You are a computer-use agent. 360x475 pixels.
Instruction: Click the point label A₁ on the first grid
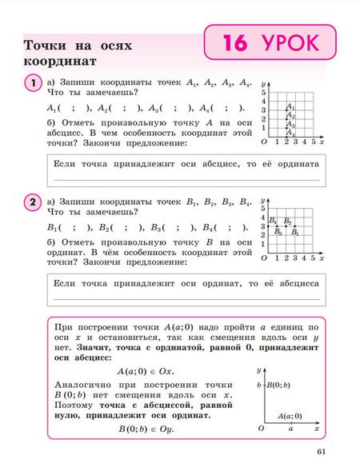[292, 106]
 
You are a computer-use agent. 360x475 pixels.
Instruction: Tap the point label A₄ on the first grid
[291, 134]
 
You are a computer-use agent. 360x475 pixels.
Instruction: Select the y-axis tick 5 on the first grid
[265, 92]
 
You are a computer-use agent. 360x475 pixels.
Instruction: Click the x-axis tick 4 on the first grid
[304, 142]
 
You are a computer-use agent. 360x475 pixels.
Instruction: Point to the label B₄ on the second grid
[273, 220]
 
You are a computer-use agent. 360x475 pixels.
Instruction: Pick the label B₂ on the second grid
[288, 221]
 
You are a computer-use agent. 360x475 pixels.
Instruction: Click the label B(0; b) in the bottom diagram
[278, 385]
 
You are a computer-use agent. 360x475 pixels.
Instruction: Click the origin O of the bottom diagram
[261, 429]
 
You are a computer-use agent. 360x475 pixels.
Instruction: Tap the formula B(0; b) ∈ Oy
[145, 429]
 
